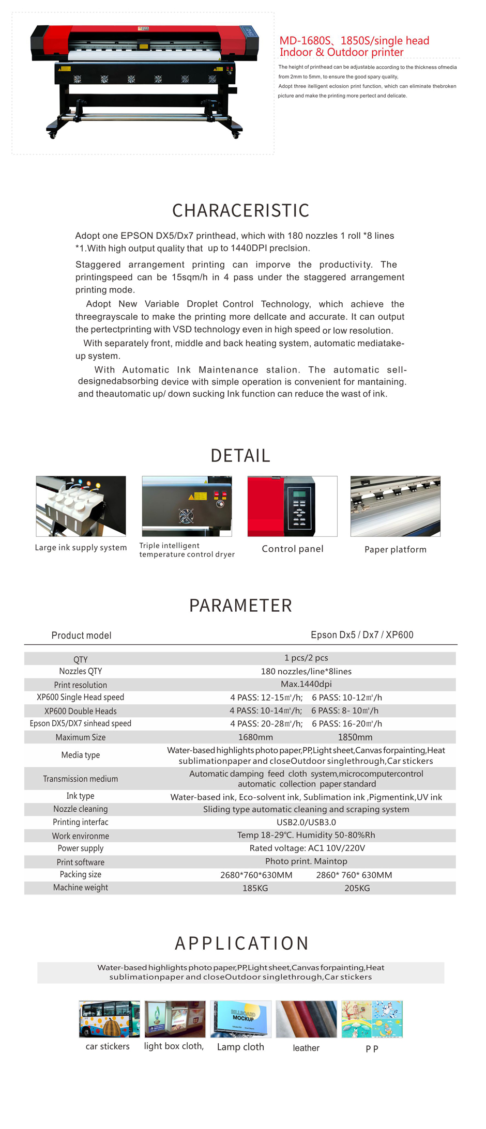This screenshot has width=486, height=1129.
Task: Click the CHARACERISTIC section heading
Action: pos(240,210)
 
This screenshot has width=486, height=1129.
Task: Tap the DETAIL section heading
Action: pos(240,455)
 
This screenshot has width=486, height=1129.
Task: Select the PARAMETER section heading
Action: pos(240,605)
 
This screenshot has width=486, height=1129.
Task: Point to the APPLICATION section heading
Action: pos(241,943)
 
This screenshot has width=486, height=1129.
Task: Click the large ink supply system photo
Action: pos(81,506)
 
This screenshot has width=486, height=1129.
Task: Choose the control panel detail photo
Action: pos(292,506)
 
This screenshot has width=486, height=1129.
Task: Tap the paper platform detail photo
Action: pos(395,506)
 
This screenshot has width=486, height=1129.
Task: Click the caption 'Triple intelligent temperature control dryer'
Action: pos(187,550)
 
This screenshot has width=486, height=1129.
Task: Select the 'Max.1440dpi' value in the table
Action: pos(306,684)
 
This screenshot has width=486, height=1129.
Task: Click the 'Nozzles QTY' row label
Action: pos(81,671)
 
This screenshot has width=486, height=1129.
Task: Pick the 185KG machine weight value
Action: pos(255,888)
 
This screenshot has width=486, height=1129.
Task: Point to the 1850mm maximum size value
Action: pos(355,737)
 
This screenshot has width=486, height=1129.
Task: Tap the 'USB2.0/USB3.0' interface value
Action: pos(306,822)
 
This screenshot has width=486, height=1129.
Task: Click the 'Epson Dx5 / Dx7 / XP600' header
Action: pos(362,635)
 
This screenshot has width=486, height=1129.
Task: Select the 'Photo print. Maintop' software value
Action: pos(306,861)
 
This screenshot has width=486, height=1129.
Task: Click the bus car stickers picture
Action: pos(109,1019)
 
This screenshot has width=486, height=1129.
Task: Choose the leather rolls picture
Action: pos(306,1019)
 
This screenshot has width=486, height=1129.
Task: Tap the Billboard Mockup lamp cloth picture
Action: pos(240,1019)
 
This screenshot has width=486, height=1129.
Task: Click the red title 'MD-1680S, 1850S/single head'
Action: pos(354,41)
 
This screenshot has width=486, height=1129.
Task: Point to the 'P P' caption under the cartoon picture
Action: pos(372,1048)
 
